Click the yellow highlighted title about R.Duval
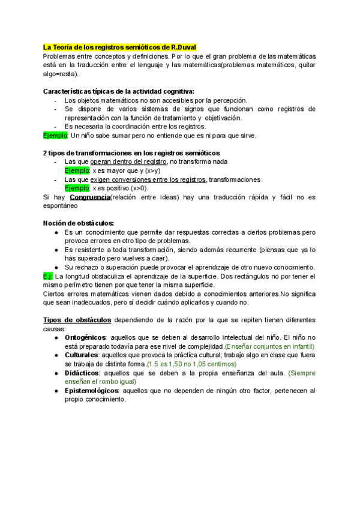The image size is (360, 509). pyautogui.click(x=120, y=47)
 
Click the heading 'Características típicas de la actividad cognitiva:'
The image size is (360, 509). pyautogui.click(x=119, y=91)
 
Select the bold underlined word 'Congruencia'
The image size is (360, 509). pyautogui.click(x=90, y=197)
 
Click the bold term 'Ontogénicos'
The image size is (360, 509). pyautogui.click(x=86, y=338)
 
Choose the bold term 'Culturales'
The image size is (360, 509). pyautogui.click(x=81, y=355)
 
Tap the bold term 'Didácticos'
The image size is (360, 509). pyautogui.click(x=82, y=373)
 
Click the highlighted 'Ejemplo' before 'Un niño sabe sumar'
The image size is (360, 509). pyautogui.click(x=56, y=136)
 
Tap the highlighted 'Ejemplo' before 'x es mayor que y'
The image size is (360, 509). pyautogui.click(x=77, y=170)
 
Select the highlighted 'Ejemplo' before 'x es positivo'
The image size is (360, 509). pyautogui.click(x=77, y=188)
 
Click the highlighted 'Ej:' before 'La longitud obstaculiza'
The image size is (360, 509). pyautogui.click(x=49, y=276)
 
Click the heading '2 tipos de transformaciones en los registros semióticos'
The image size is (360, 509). pyautogui.click(x=131, y=153)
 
